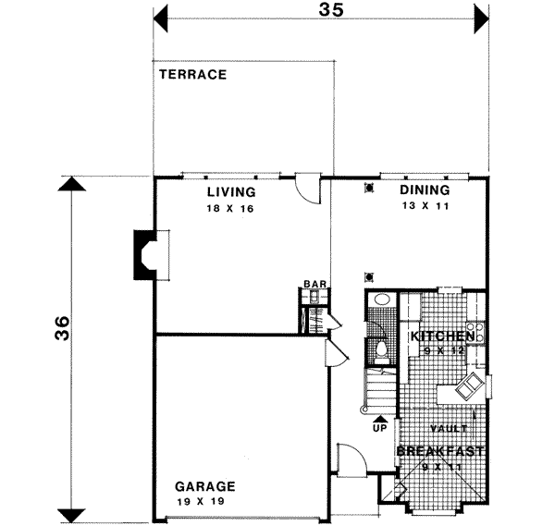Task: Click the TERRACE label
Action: tap(191, 75)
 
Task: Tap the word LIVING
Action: tap(230, 192)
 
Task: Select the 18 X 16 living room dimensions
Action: tap(230, 209)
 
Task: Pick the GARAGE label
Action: tap(204, 486)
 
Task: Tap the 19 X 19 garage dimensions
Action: tap(204, 501)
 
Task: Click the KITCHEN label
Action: tap(442, 336)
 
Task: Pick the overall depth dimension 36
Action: tap(61, 328)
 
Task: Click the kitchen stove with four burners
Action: tap(477, 330)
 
